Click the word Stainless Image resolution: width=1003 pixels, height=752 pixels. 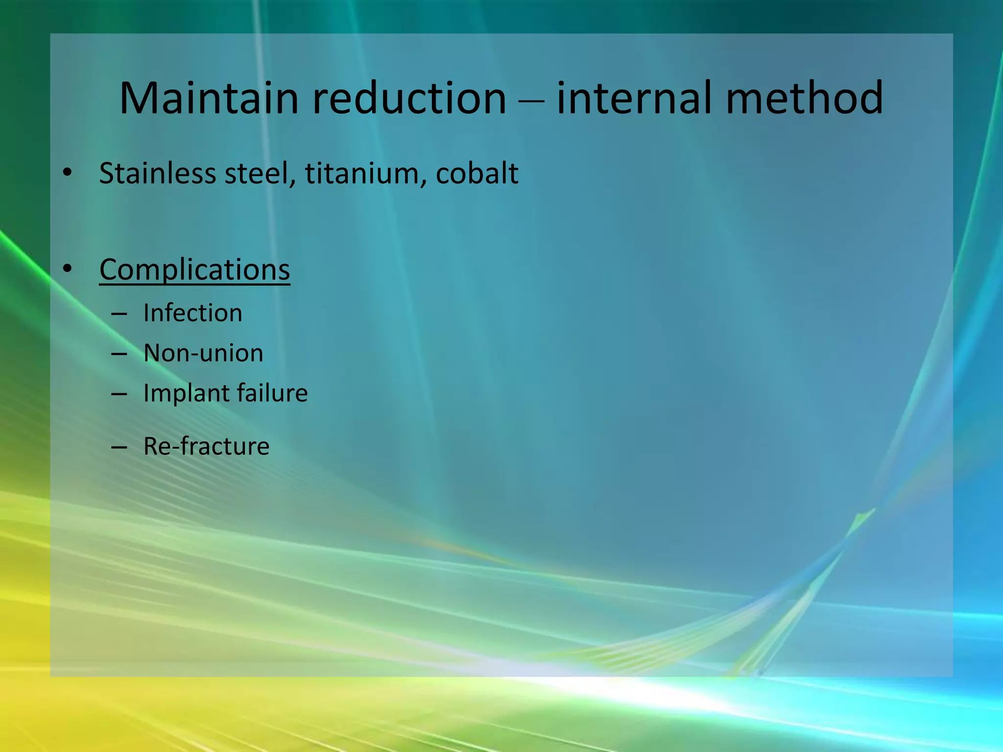click(157, 173)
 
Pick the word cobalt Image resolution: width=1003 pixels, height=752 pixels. click(477, 173)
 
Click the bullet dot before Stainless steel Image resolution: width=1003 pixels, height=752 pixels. click(68, 172)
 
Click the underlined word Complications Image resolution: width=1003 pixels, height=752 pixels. click(194, 269)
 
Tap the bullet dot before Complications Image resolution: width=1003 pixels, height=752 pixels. click(68, 269)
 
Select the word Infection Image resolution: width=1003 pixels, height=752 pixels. click(193, 313)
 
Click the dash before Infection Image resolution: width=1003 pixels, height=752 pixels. click(119, 313)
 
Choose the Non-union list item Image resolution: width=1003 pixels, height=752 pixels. click(203, 353)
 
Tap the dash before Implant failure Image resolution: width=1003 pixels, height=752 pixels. click(119, 394)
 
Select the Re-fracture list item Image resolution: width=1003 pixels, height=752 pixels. click(206, 446)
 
